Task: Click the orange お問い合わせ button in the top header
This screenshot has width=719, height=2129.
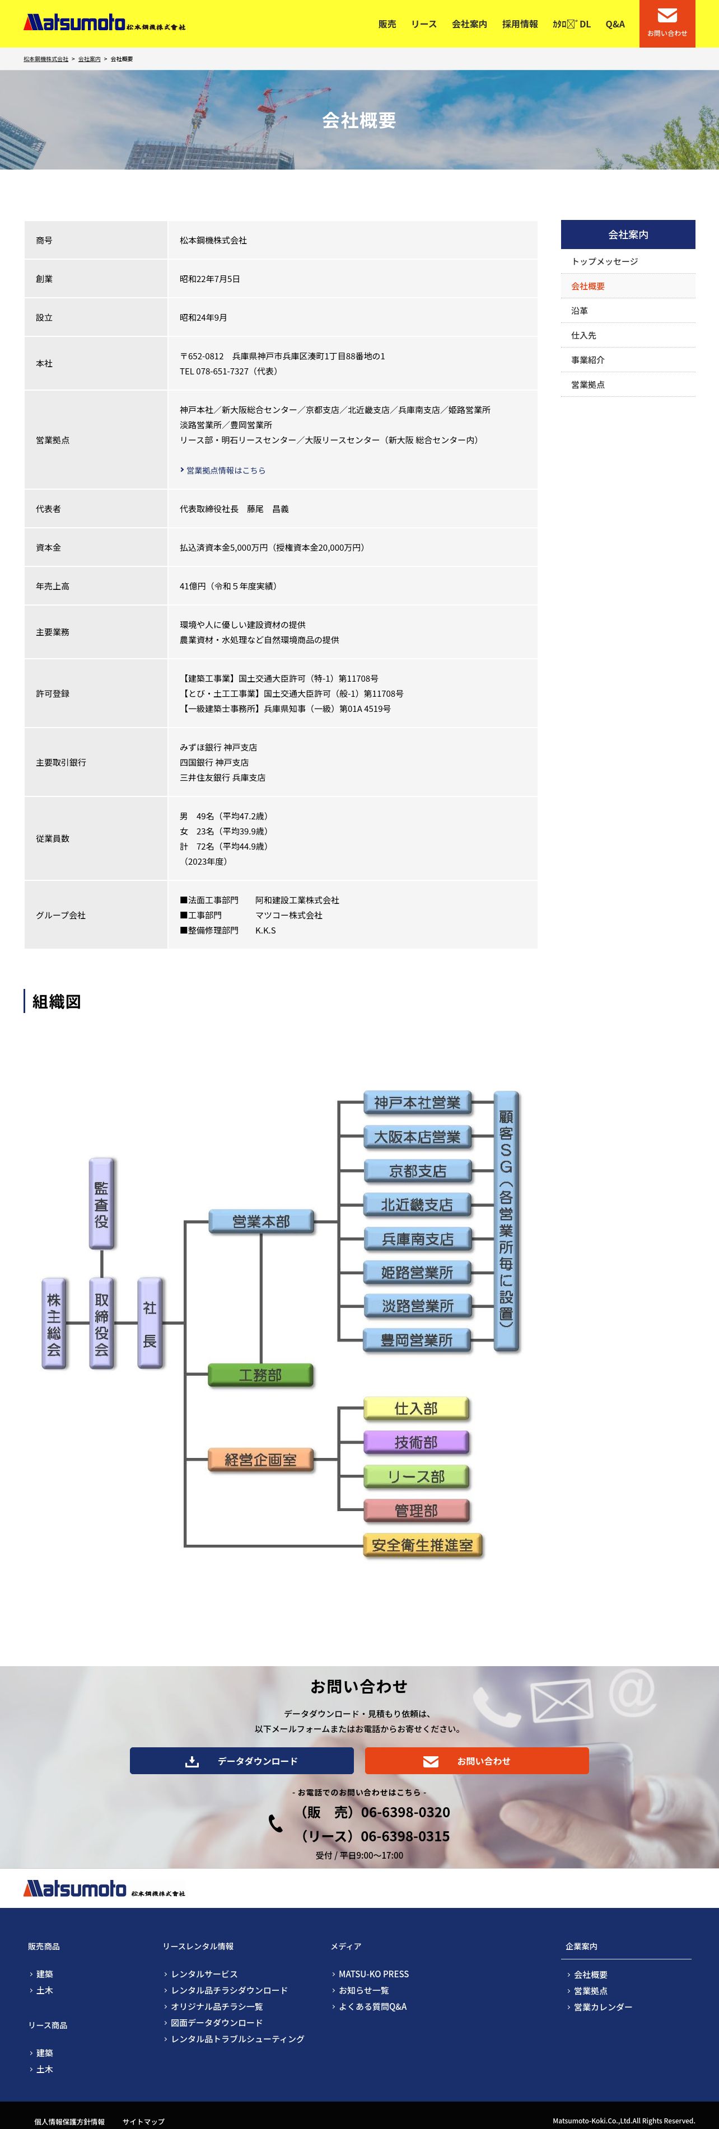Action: [x=667, y=23]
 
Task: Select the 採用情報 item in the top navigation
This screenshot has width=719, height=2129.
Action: [x=520, y=24]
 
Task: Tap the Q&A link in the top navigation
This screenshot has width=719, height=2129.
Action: [x=615, y=24]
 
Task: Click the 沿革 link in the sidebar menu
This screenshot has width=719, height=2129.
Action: [x=580, y=311]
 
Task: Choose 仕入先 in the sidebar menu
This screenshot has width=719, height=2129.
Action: [x=583, y=336]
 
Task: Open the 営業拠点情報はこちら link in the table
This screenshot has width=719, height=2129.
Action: [x=225, y=470]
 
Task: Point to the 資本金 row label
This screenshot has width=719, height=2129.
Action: [x=48, y=547]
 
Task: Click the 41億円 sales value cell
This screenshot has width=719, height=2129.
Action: [x=228, y=586]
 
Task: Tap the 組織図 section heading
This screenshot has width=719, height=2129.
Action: [x=56, y=1002]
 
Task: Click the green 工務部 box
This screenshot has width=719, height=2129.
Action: [x=260, y=1375]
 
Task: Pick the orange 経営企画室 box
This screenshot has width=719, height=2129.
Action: [x=260, y=1460]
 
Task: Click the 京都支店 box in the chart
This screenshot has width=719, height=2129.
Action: [x=417, y=1170]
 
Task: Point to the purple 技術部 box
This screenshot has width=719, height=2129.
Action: [x=415, y=1442]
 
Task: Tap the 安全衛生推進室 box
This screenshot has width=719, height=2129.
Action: [x=422, y=1545]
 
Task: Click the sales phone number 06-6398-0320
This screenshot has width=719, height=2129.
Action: [x=405, y=1812]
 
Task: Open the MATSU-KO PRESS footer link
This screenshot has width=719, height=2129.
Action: [x=373, y=1973]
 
